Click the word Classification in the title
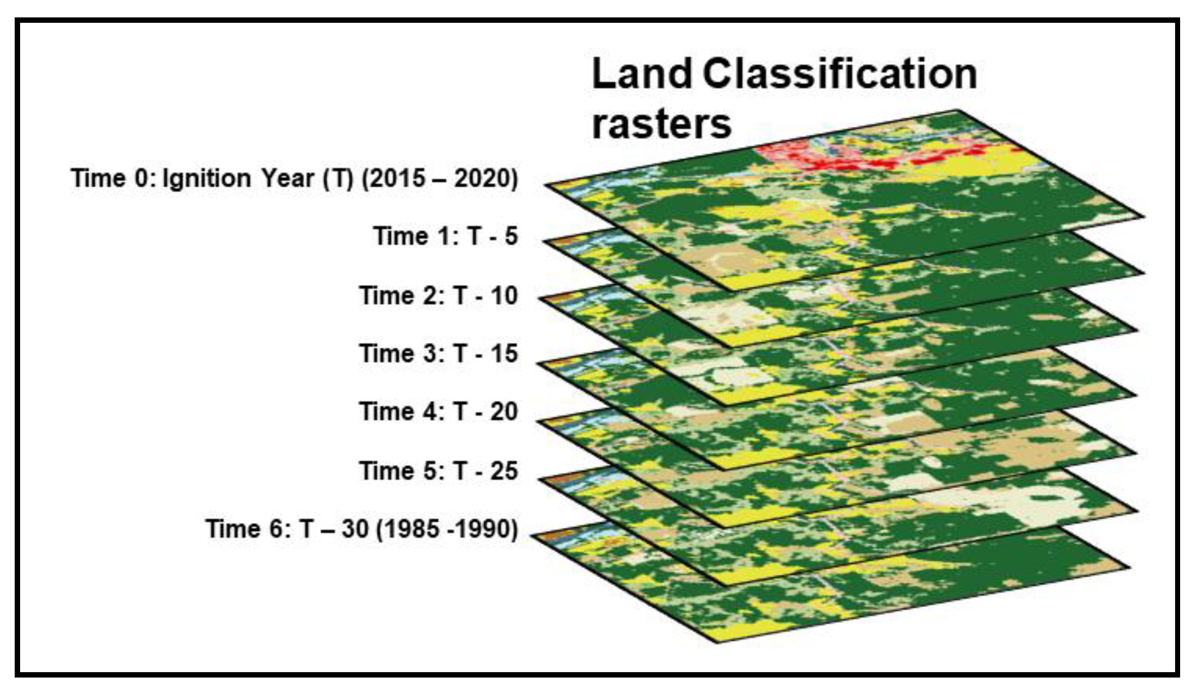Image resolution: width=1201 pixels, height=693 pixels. point(840,74)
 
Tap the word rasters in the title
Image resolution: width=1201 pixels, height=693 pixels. point(661,125)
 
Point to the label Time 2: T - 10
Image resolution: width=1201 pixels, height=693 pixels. point(438,295)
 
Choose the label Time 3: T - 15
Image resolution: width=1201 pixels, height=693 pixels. point(438,353)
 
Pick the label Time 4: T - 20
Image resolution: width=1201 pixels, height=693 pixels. point(438,411)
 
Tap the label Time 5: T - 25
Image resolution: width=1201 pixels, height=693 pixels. point(438,471)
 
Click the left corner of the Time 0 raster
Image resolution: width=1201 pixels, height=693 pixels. point(546,185)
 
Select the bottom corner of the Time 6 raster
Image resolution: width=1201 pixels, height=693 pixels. point(717,642)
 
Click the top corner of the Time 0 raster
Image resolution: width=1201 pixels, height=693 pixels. point(957,111)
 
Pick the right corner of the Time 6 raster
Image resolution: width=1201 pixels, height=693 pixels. point(1129,567)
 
